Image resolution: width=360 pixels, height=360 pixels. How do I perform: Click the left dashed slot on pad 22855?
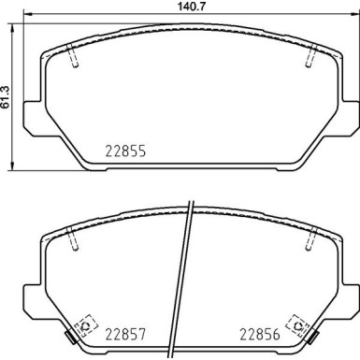click(73, 58)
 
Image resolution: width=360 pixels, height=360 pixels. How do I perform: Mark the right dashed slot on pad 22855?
click(309, 58)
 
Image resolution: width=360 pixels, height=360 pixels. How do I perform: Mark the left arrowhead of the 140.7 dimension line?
click(25, 18)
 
